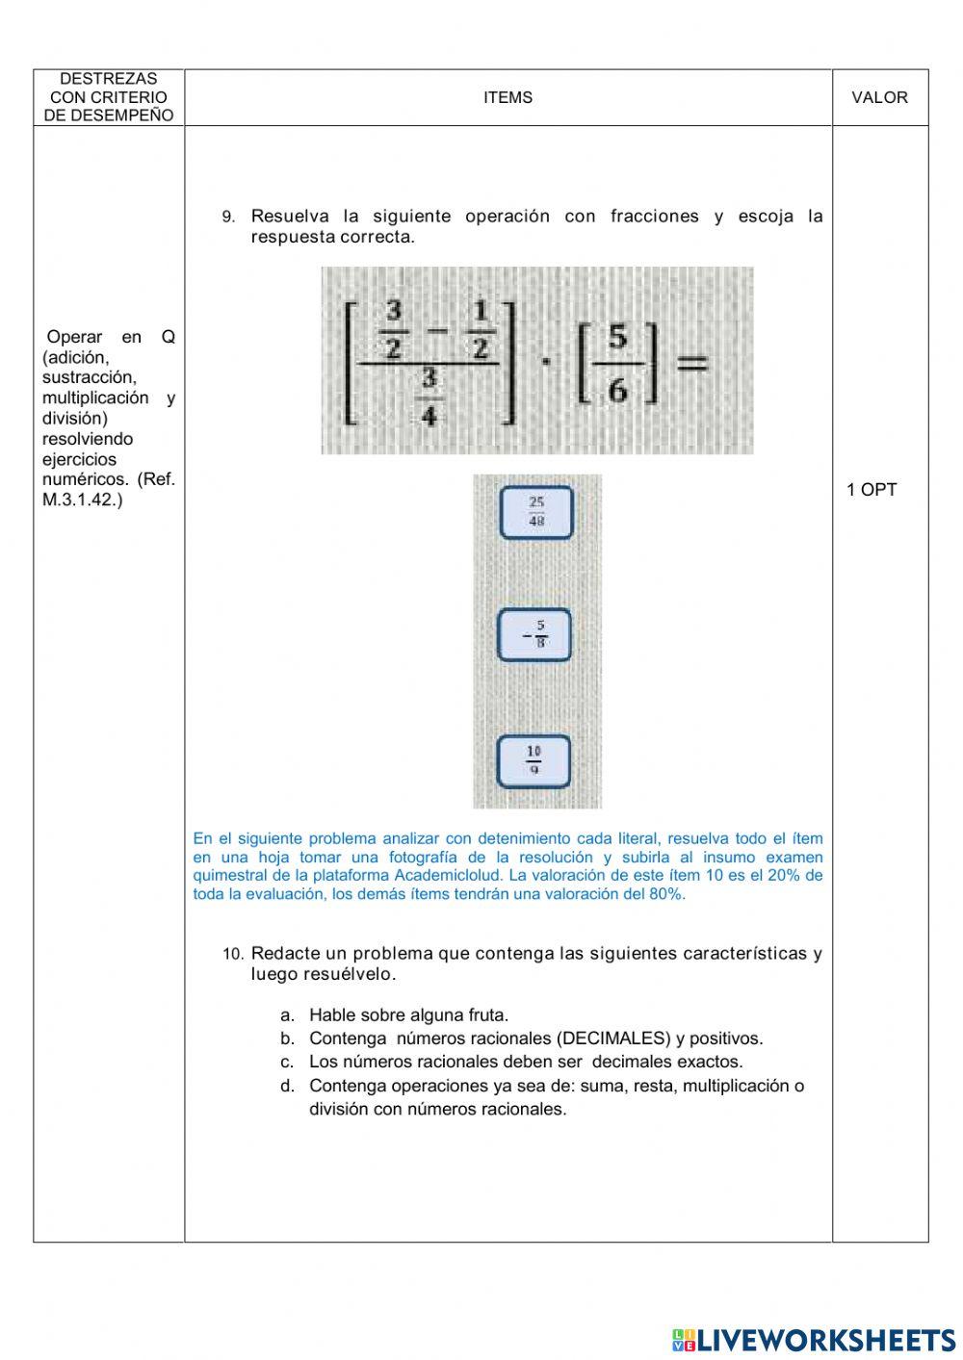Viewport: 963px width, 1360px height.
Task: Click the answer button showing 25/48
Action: pyautogui.click(x=536, y=512)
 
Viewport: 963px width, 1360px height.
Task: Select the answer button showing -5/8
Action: pyautogui.click(x=534, y=635)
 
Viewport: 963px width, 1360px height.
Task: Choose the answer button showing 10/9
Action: pyautogui.click(x=534, y=760)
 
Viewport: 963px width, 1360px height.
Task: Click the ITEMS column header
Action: pyautogui.click(x=508, y=97)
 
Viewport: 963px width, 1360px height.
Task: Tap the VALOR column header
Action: pyautogui.click(x=879, y=97)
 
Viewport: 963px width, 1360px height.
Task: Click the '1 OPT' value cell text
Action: pyautogui.click(x=871, y=490)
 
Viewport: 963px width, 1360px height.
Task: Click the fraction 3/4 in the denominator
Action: pyautogui.click(x=429, y=396)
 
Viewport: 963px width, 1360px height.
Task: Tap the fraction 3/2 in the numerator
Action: pyautogui.click(x=393, y=329)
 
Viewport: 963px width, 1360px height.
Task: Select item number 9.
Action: pyautogui.click(x=228, y=218)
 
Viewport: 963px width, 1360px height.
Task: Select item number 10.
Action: pyautogui.click(x=233, y=955)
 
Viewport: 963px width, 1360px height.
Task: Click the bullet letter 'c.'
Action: pyautogui.click(x=287, y=1063)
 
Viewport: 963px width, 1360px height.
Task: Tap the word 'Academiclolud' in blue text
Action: pyautogui.click(x=456, y=875)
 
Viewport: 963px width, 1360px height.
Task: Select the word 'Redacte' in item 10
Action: pyautogui.click(x=284, y=954)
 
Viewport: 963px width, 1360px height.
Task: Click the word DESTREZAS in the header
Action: pyautogui.click(x=108, y=79)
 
